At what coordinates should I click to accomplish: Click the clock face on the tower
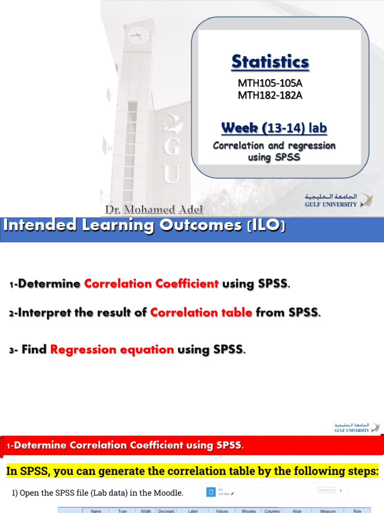click(138, 35)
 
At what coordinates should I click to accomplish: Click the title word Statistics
click(270, 62)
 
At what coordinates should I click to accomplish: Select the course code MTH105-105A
click(270, 83)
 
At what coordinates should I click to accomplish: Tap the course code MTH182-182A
click(270, 95)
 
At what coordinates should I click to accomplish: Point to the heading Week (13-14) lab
click(274, 128)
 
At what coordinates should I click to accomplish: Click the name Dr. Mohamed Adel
click(154, 209)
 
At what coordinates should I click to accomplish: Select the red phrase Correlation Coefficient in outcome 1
click(151, 284)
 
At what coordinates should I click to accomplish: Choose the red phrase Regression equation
click(112, 350)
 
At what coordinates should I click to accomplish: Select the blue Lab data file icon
click(210, 492)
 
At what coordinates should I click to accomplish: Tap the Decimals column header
click(166, 511)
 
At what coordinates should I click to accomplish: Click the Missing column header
click(248, 511)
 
